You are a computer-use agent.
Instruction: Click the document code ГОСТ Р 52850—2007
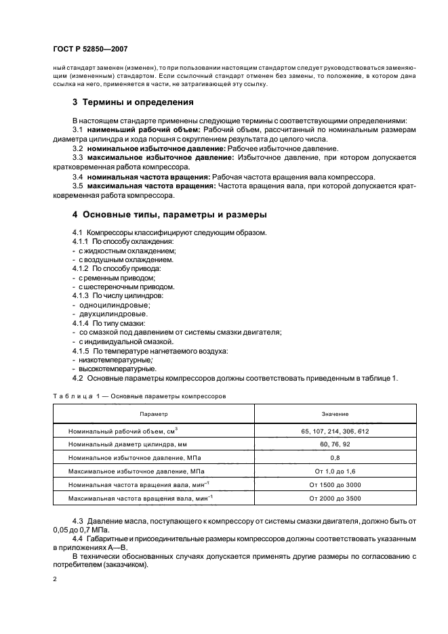pyautogui.click(x=89, y=49)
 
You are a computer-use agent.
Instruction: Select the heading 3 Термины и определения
pyautogui.click(x=134, y=103)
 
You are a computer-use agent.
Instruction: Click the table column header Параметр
pyautogui.click(x=154, y=413)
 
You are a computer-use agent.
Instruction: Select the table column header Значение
pyautogui.click(x=335, y=413)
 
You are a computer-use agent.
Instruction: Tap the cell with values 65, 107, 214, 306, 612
pyautogui.click(x=335, y=431)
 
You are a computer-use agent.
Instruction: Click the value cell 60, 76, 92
pyautogui.click(x=335, y=444)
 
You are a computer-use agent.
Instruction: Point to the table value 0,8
pyautogui.click(x=335, y=457)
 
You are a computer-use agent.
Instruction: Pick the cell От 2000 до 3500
pyautogui.click(x=335, y=498)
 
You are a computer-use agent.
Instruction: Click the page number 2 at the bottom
pyautogui.click(x=55, y=580)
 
